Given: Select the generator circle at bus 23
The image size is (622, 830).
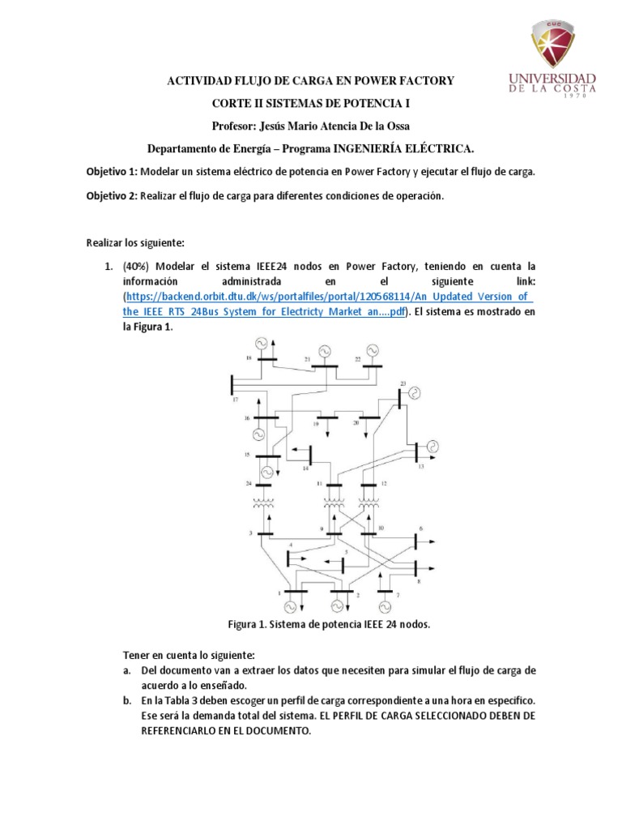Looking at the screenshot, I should (x=415, y=394).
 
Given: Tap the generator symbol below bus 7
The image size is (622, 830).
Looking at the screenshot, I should (x=386, y=606).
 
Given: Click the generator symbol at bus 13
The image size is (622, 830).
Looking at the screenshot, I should (x=432, y=446).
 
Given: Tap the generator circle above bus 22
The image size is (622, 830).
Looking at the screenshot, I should (x=372, y=350).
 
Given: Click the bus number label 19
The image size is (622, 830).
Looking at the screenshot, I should (x=315, y=424).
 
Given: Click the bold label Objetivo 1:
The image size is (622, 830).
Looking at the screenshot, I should (x=113, y=172).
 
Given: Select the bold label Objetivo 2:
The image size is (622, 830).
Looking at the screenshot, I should (x=113, y=195).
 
